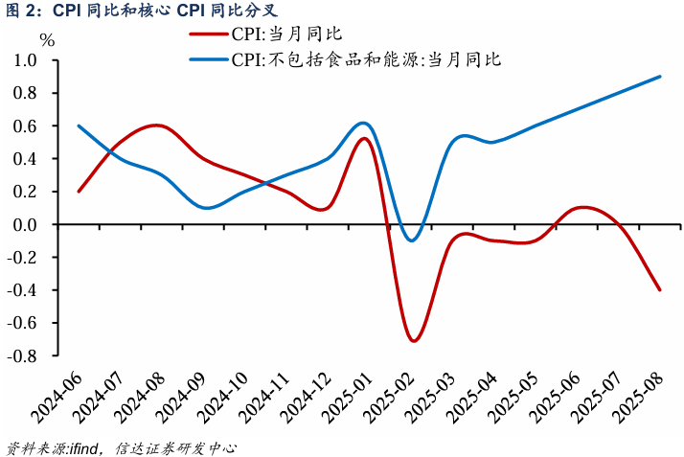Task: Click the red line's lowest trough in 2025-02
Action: pyautogui.click(x=413, y=340)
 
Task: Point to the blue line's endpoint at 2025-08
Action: pyautogui.click(x=659, y=77)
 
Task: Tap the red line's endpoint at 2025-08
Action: pyautogui.click(x=659, y=289)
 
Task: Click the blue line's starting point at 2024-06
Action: pyautogui.click(x=78, y=126)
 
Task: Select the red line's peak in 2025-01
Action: pyautogui.click(x=365, y=138)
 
